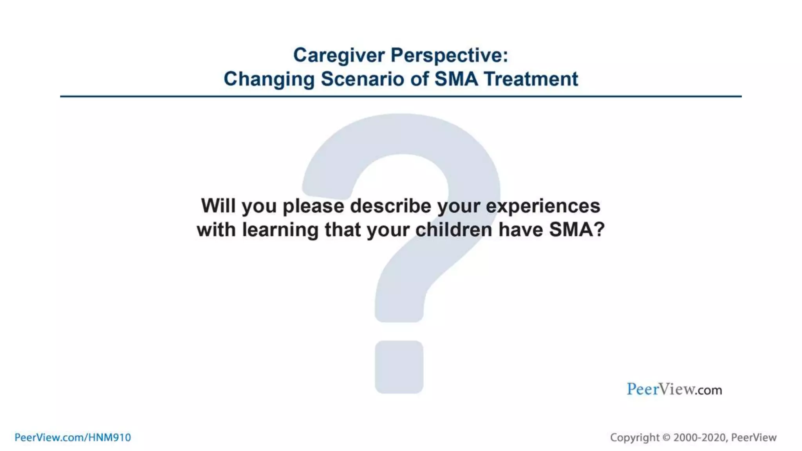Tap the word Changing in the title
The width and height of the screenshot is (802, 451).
point(269,79)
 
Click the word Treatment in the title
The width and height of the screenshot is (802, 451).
point(531,79)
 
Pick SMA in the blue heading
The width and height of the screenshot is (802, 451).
point(456,79)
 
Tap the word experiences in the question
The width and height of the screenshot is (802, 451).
point(543,206)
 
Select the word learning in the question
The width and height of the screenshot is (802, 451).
point(280,230)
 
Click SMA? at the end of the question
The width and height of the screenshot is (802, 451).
point(576,230)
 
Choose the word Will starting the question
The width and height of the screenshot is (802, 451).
point(218,206)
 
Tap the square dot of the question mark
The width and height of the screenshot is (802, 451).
point(399,367)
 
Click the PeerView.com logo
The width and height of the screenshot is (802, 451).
point(674,389)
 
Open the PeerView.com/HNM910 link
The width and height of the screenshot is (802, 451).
point(73,437)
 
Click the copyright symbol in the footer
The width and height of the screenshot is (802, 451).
point(667,438)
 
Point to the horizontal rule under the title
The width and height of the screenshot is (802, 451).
point(401,96)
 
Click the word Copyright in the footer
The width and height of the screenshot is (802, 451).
point(634,438)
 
